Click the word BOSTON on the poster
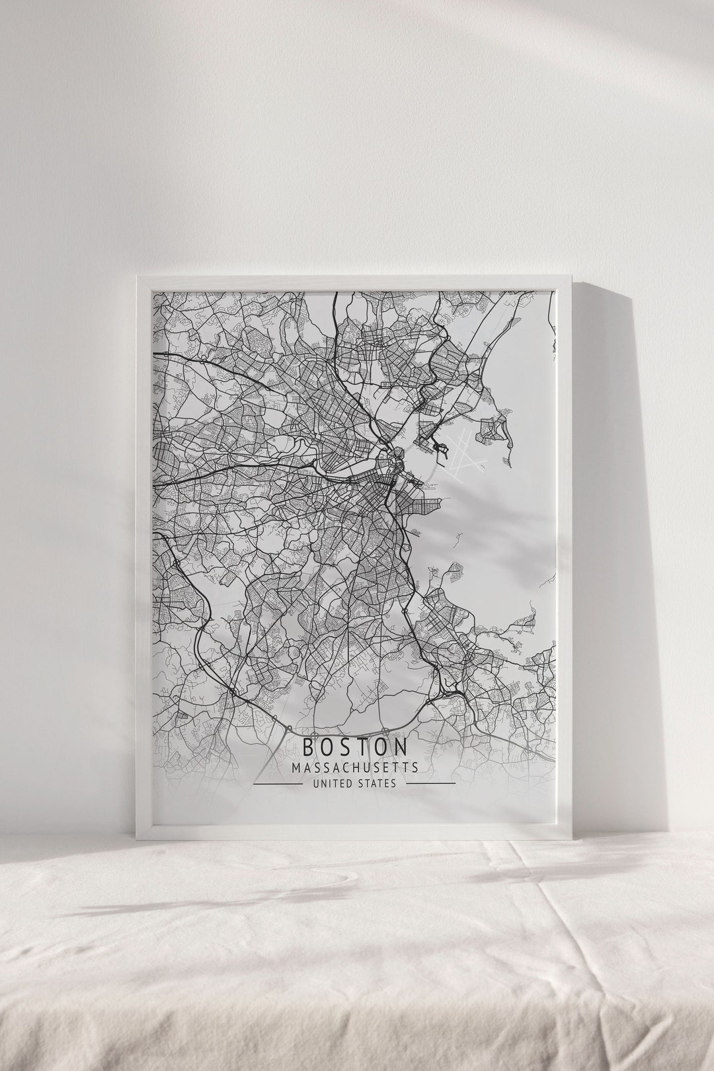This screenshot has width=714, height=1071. (355, 747)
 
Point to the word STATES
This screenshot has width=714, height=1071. (377, 783)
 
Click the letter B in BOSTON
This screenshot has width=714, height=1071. (309, 747)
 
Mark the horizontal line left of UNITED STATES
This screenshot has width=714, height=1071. (278, 784)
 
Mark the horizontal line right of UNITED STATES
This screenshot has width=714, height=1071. (430, 784)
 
